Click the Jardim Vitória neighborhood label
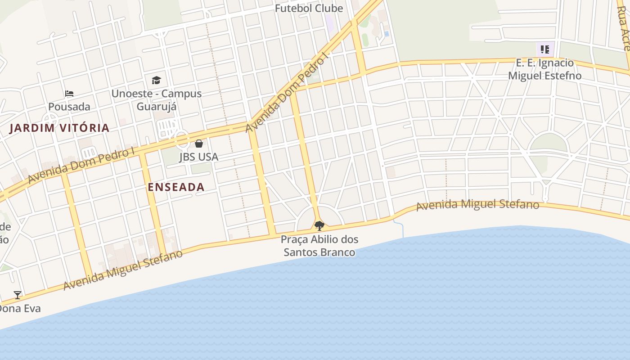coord(60,128)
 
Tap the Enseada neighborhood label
coord(176,187)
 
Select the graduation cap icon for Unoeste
coord(156,80)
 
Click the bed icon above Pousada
coord(69,94)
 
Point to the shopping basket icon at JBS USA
coord(199,144)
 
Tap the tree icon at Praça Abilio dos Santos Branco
coord(319,225)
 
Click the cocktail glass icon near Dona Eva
coord(18,295)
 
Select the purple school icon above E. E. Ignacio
coord(545,49)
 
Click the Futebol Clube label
coord(309,8)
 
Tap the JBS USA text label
coord(199,157)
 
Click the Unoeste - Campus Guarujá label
coord(157,100)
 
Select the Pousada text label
coord(69,107)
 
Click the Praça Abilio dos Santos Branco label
coord(319,246)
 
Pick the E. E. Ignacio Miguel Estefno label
coord(544,69)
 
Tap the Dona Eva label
coord(20,309)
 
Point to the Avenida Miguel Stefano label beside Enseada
coord(123,270)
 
